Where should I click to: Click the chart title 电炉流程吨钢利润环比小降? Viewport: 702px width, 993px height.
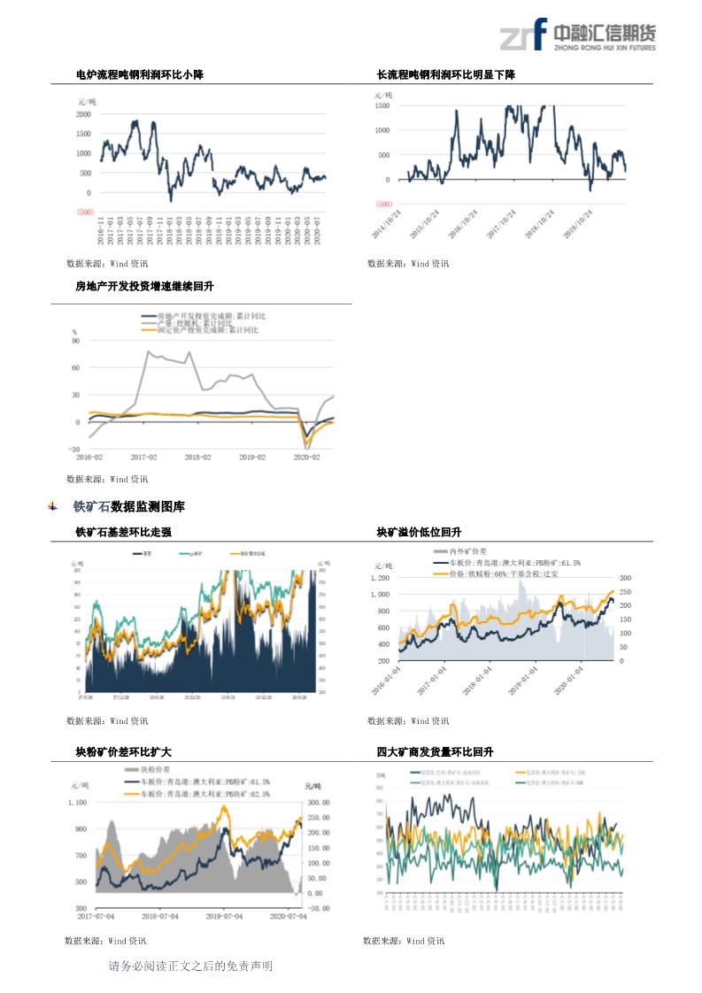tap(140, 75)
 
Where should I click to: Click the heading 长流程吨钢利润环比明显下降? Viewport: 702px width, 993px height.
tap(446, 75)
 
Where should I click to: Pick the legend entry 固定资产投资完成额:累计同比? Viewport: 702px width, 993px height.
tap(207, 330)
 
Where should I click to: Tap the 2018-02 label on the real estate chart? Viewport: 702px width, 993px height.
tap(197, 458)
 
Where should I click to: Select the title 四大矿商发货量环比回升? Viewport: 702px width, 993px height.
tap(435, 752)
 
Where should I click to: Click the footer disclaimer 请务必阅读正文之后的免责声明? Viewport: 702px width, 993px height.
tap(190, 966)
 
